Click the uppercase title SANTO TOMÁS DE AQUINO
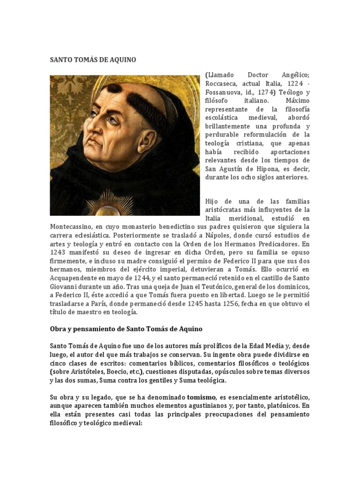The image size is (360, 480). pos(93,60)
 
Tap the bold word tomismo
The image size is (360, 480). pos(202,397)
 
